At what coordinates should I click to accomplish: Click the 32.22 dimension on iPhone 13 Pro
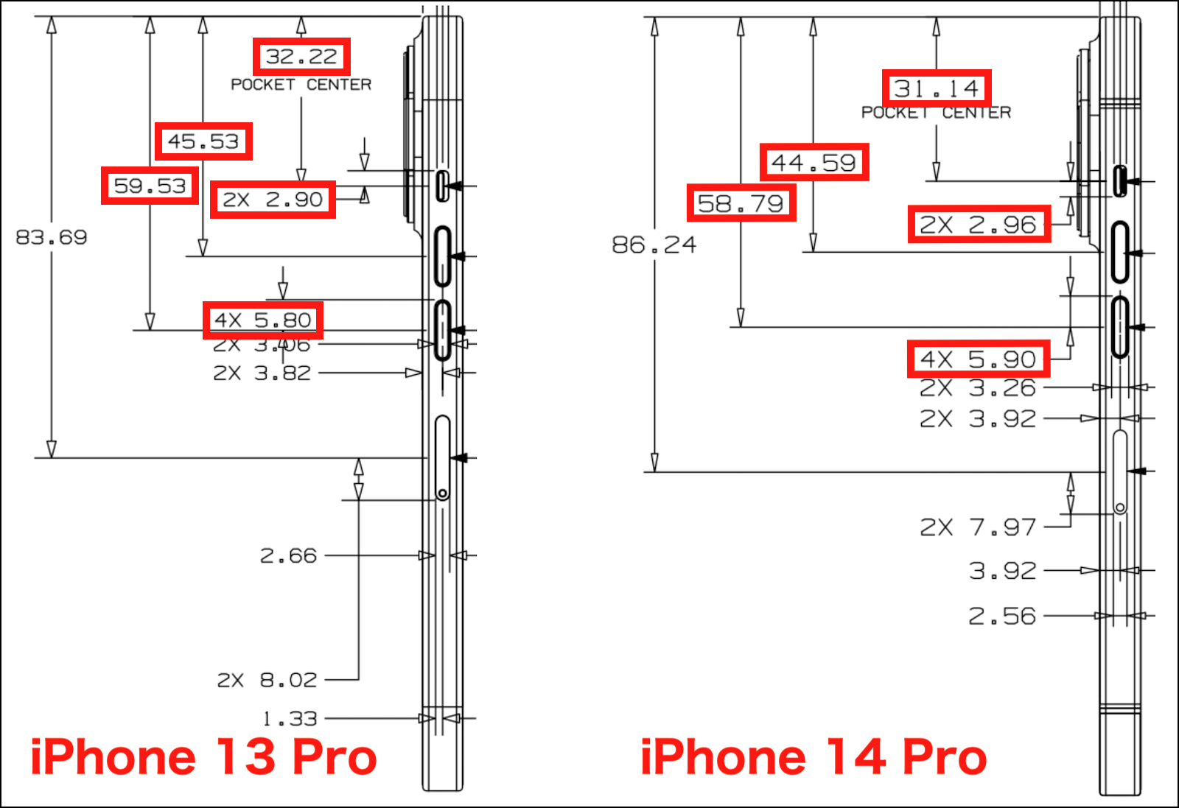click(x=301, y=56)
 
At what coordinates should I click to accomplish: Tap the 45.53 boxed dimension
click(x=203, y=141)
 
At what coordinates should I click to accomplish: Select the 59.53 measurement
click(x=150, y=186)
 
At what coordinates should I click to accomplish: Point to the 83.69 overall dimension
click(x=51, y=237)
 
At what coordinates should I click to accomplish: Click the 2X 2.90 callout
click(x=273, y=200)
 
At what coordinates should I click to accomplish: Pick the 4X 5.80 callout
click(x=262, y=320)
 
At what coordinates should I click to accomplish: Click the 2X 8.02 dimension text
click(x=267, y=680)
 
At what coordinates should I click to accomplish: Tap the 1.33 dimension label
click(x=290, y=719)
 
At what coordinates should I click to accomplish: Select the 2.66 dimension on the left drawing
click(x=288, y=555)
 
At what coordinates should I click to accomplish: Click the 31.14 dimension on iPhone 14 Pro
click(x=937, y=88)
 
